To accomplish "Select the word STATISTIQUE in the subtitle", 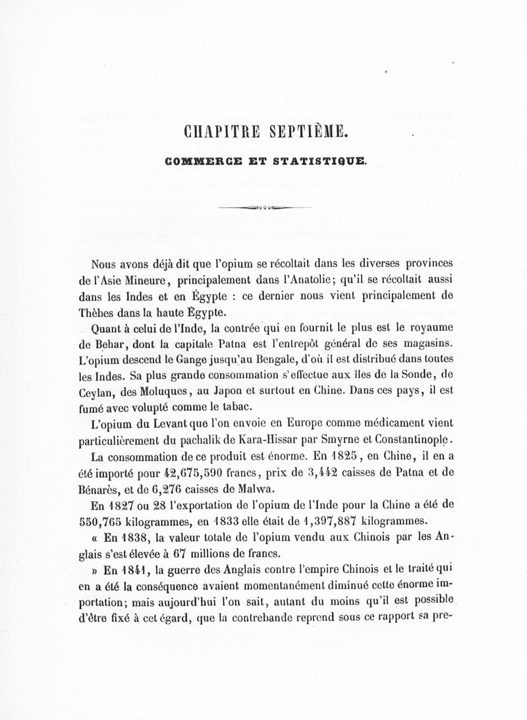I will coord(308,160).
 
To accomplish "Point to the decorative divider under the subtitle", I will coord(263,207).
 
